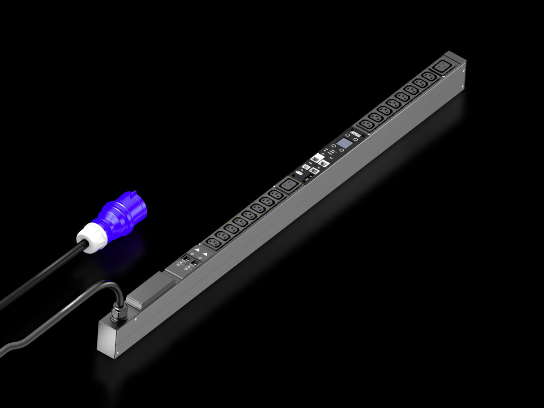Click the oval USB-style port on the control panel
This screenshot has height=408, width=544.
click(299, 174)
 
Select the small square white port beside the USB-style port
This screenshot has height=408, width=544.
click(307, 169)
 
